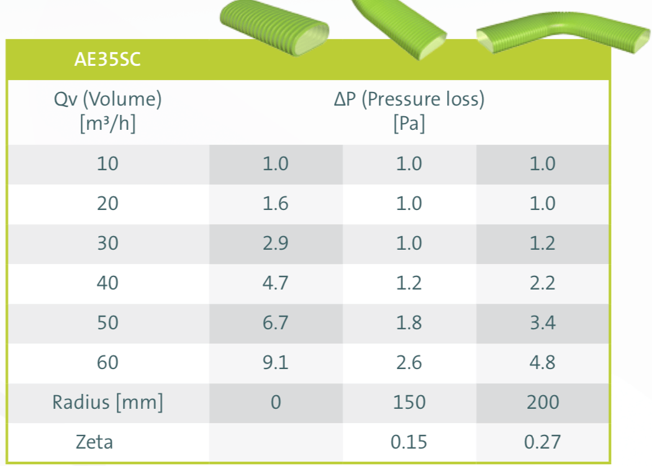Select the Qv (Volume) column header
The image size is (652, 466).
pos(108,99)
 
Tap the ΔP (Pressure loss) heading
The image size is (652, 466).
pos(409,99)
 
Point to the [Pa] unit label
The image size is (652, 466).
pos(409,124)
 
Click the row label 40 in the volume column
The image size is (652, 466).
pos(108,283)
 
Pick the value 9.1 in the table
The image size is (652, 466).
pos(276,362)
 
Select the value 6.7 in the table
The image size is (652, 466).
pos(276,322)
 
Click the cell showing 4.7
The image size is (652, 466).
pos(276,283)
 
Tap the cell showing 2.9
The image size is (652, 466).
pos(276,244)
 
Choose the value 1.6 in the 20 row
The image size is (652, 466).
pos(276,204)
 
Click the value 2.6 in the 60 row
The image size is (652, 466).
pos(409,362)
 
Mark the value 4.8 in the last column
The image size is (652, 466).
pos(542,362)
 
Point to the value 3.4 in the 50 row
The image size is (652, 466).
pos(542,322)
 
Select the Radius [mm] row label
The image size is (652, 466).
pos(108,402)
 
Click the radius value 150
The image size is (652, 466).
pos(409,402)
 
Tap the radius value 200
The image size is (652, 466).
pos(542,402)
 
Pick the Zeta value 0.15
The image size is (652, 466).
pos(409,442)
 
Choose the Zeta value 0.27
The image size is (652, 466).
pos(542,442)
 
